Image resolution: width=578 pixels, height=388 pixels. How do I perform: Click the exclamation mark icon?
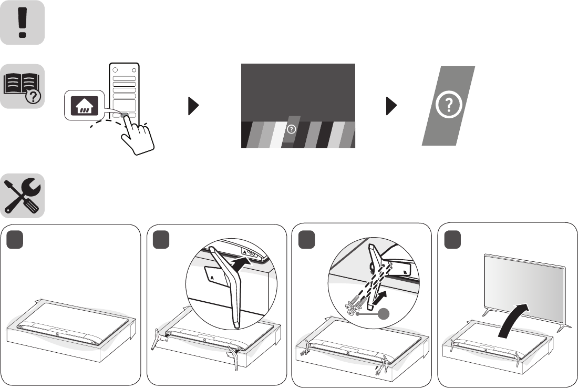pos(22,22)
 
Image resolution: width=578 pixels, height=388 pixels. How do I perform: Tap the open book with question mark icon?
pos(22,86)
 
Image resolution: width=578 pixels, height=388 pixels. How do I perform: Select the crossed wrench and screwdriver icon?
pos(22,196)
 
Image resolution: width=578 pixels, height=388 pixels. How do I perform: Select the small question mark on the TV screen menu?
pos(292,128)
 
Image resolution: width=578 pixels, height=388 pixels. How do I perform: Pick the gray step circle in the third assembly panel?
pos(307,240)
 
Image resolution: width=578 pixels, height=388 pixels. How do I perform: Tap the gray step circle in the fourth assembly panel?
pos(453,240)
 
